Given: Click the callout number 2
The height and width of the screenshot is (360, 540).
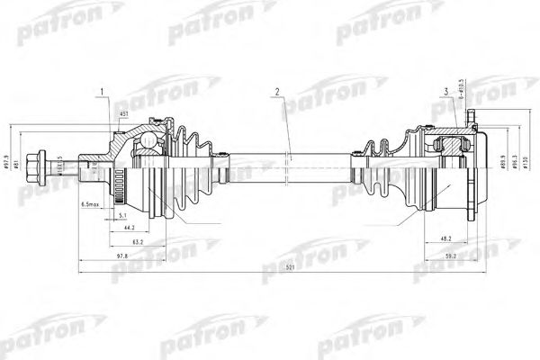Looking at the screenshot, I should pyautogui.click(x=278, y=92).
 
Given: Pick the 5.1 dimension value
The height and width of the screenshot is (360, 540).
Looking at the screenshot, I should pyautogui.click(x=122, y=215).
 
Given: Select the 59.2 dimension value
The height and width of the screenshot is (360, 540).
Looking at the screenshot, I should pyautogui.click(x=453, y=256).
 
